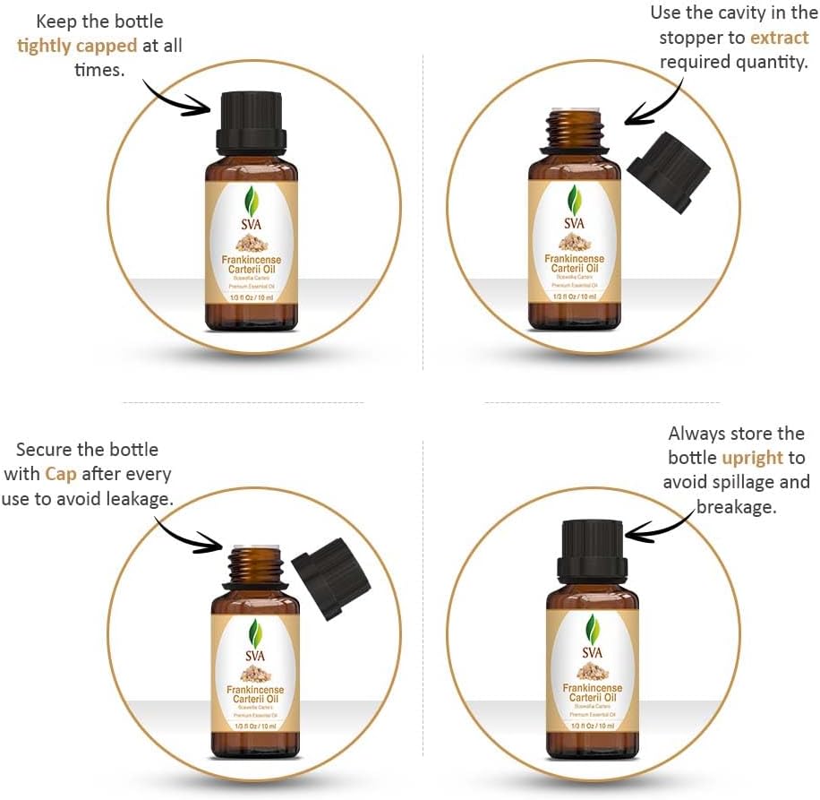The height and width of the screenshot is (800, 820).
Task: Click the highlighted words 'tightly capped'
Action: [78, 46]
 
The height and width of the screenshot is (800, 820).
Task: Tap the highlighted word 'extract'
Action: [779, 38]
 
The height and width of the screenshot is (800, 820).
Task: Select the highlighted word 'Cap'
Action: [60, 474]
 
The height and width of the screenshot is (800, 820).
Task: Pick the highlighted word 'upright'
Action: [752, 458]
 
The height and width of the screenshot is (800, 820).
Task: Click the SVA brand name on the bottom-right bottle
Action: [593, 651]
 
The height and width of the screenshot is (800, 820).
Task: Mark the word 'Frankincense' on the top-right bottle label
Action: [574, 259]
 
